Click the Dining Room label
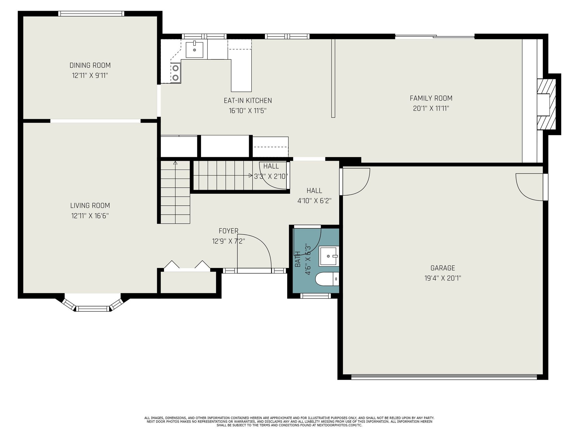(x=90, y=65)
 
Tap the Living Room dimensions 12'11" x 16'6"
(x=90, y=216)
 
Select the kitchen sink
(x=195, y=50)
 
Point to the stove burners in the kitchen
(x=176, y=72)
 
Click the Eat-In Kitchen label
(x=248, y=101)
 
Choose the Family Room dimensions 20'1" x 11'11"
(x=431, y=108)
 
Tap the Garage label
(x=443, y=268)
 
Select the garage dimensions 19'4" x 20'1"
(x=443, y=278)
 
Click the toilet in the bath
(x=327, y=279)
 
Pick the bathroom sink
(x=329, y=256)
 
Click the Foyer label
(x=228, y=231)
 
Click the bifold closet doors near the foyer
(x=187, y=266)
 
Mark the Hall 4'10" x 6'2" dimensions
(x=314, y=201)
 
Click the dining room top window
(x=91, y=14)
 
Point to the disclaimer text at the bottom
(x=289, y=421)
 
